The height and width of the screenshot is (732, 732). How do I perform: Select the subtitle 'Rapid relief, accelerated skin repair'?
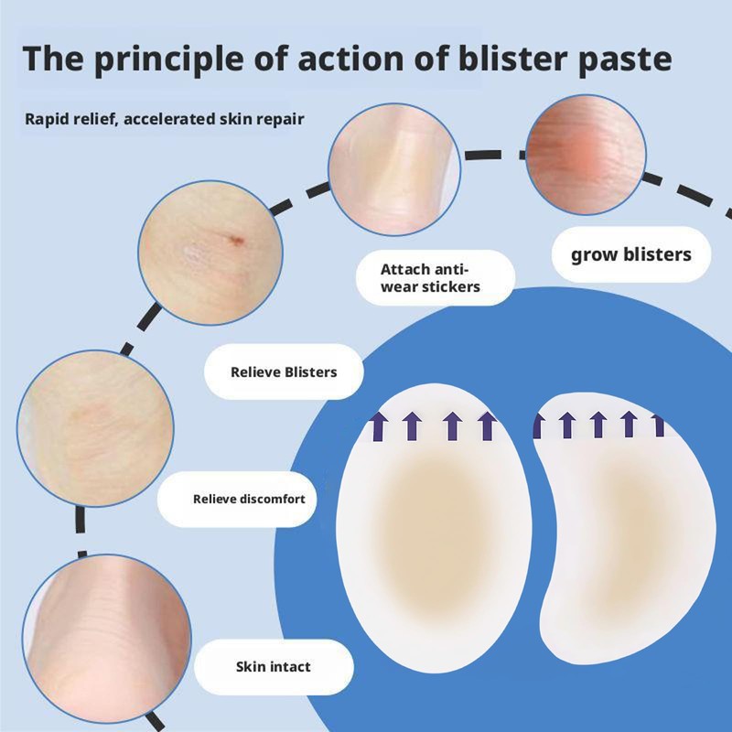click(x=165, y=119)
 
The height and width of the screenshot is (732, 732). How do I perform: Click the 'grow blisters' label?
click(x=630, y=253)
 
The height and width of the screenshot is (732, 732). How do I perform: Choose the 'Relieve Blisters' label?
click(x=283, y=371)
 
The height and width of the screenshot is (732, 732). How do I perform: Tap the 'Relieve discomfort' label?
click(x=249, y=500)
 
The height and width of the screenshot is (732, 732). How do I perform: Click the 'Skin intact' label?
click(x=274, y=666)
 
